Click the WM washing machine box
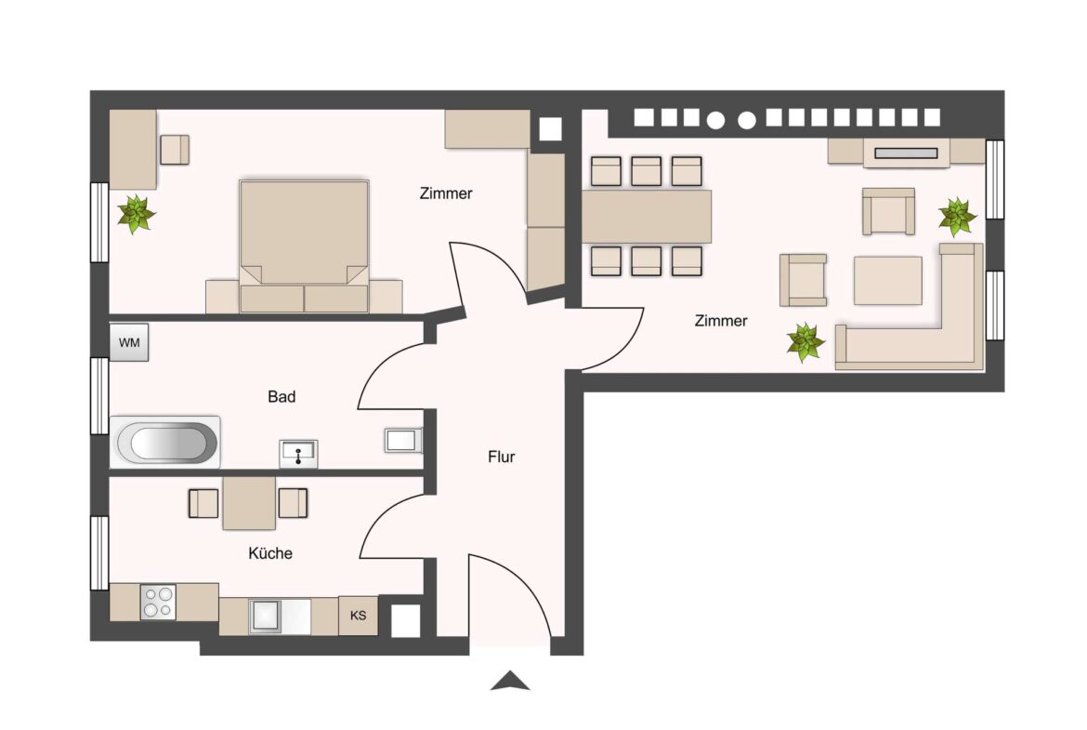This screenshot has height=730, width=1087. coord(129,342)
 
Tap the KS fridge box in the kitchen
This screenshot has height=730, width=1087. coord(358,616)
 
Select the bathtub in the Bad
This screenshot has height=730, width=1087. coord(166,443)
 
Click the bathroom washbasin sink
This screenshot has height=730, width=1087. coord(298,454)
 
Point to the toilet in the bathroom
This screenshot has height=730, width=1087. coord(403,440)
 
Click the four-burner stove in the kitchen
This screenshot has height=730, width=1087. coord(157,602)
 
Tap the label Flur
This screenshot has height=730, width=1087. coord(501,457)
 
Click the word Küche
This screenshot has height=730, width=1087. coord(270,553)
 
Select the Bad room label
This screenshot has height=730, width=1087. coord(282,397)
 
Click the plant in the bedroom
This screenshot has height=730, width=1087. coord(137,214)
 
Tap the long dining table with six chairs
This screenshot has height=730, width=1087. coord(647,216)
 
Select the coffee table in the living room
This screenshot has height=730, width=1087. coord(887,280)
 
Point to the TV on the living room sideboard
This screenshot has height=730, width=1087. coord(906,153)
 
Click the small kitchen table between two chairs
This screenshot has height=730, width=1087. coord(249,502)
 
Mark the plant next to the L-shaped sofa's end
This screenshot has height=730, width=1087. coord(805,342)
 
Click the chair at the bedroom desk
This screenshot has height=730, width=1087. coord(174,150)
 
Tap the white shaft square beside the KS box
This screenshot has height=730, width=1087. coord(405,620)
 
